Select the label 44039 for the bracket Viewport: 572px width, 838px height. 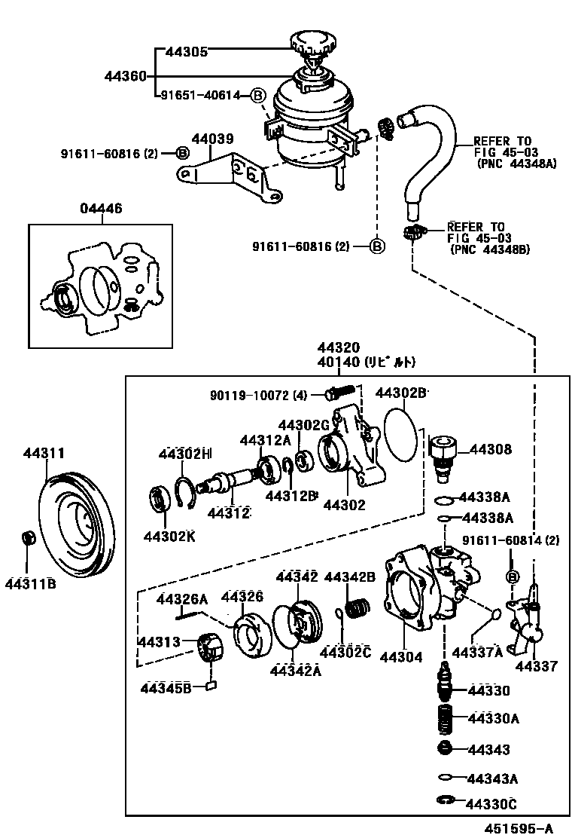212,139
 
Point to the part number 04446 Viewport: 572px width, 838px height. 101,209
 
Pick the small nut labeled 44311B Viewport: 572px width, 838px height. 29,538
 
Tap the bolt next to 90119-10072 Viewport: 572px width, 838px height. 339,393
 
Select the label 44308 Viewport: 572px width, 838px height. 491,450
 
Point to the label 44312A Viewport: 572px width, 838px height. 265,440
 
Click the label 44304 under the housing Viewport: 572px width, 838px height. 402,656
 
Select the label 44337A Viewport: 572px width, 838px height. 476,652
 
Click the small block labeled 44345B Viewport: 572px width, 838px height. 211,685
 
